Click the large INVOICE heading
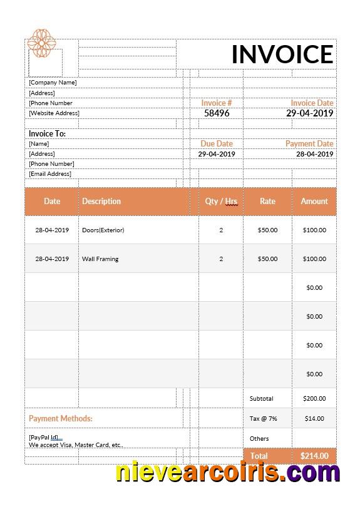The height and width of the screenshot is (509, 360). pos(282,54)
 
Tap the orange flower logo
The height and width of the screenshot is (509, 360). pos(41,43)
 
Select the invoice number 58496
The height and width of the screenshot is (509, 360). pos(217,113)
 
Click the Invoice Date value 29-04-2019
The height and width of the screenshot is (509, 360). pos(309,113)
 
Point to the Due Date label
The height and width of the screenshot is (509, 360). pos(217,143)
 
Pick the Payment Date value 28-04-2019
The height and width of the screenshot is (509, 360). pos(314,154)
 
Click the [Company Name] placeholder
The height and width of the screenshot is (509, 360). pos(53,83)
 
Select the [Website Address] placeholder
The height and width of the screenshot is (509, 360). pos(54,113)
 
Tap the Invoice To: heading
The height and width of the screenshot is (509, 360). pos(47,133)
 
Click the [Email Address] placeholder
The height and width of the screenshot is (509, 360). pos(50,174)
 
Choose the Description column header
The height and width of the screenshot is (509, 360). pos(101,202)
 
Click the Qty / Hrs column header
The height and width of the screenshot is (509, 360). pos(221,202)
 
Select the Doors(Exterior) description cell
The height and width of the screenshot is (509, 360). pos(103,230)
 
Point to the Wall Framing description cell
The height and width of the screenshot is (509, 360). pos(100,259)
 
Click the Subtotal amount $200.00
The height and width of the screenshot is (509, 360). pos(314,399)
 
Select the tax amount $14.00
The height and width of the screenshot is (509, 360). pos(314,419)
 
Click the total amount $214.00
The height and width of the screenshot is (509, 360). pos(314,456)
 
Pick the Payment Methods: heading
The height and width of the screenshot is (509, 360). pos(61,418)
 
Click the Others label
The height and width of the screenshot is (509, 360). pos(259,439)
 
